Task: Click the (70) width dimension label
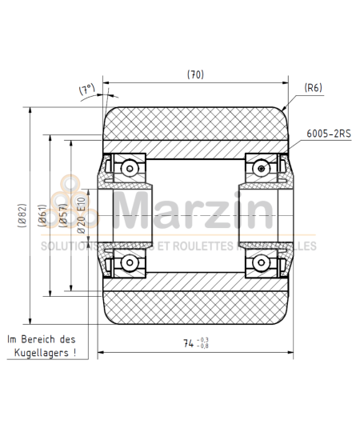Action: [195, 74]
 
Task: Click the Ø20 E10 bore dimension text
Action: [80, 215]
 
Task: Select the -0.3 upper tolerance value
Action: [208, 339]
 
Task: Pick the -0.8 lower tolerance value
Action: [208, 347]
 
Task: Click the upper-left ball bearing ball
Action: [127, 167]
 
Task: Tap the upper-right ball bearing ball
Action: [261, 167]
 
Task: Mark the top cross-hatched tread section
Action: [194, 125]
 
